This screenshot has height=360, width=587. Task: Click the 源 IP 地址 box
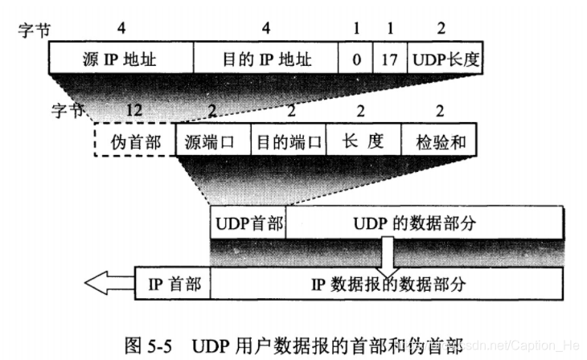point(121,59)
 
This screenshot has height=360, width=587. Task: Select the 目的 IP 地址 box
point(265,59)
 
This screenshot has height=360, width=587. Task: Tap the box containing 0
point(355,59)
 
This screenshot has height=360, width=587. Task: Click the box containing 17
point(390,59)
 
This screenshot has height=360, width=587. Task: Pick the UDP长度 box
point(445,59)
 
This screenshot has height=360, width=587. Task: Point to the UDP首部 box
point(248,223)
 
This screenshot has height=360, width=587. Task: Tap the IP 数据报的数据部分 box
point(386,284)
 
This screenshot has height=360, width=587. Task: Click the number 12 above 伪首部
point(134,109)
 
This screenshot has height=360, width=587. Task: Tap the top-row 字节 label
point(33,31)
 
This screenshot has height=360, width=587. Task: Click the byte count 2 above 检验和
point(439,109)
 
